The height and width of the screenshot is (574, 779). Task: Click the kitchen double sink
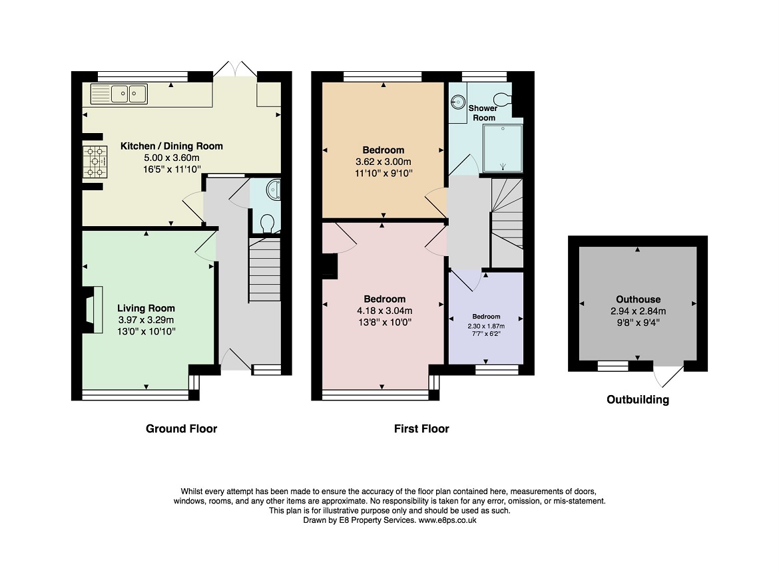pos(119,94)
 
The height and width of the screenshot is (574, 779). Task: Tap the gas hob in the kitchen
pos(95,162)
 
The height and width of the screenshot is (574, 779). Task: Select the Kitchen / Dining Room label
pos(171,146)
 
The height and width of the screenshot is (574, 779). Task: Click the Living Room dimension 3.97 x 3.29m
pos(146,320)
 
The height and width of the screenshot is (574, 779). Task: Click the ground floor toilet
pos(267,223)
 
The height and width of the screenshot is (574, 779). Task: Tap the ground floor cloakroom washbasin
pos(273,190)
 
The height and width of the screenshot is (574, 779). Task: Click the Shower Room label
pos(483,112)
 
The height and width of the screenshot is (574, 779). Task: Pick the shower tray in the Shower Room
pos(503,148)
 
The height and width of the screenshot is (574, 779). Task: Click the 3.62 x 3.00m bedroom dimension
pos(384,162)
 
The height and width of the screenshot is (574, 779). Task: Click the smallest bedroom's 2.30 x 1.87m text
pos(486,326)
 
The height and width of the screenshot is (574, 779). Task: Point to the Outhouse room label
pos(639,299)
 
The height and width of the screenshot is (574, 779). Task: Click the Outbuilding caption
pos(638,399)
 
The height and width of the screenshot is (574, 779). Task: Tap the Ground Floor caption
pos(181,428)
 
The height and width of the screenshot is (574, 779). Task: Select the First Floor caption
pos(421,428)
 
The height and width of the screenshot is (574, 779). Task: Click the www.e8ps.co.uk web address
pos(447,520)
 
